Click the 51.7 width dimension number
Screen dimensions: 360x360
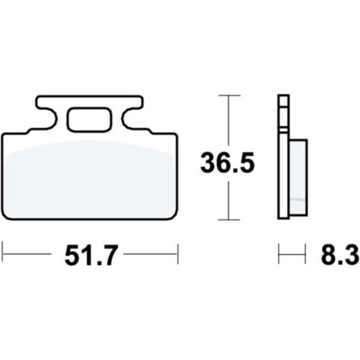91,255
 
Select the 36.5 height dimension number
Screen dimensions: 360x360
227,163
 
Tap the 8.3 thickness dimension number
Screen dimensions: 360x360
340,255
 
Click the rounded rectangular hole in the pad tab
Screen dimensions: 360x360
90,119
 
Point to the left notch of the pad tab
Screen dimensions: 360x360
47,118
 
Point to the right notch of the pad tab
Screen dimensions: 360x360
131,118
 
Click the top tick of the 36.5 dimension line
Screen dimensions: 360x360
229,95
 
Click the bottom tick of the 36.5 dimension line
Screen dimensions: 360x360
229,220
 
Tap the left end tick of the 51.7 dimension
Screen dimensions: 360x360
2,254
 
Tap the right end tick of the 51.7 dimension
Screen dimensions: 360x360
178,254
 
